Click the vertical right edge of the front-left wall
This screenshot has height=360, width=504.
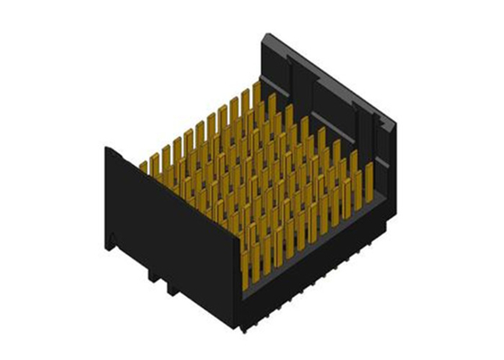[241, 279]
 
